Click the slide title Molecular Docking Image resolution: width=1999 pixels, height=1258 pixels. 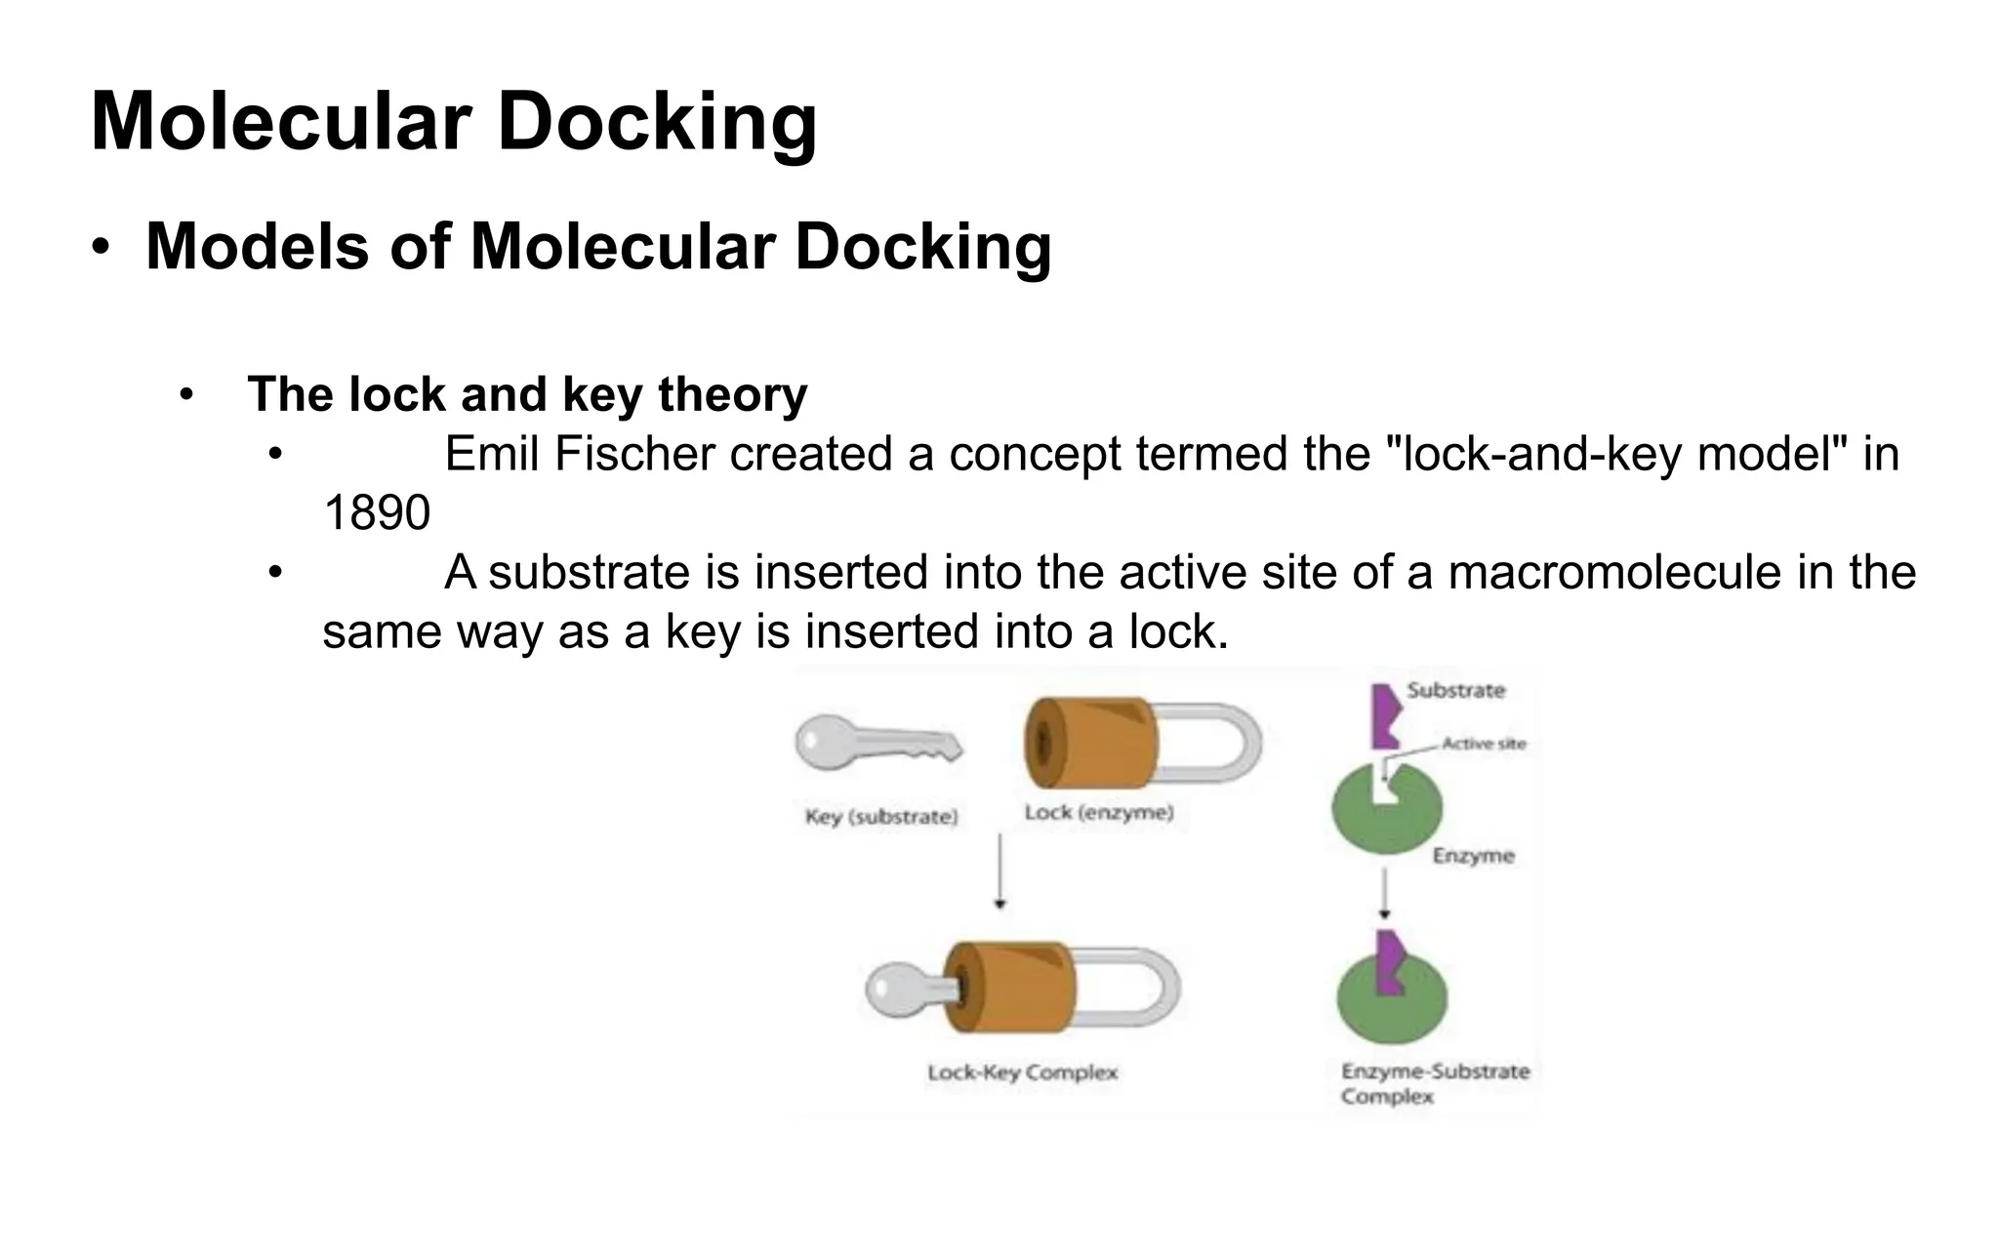[453, 122]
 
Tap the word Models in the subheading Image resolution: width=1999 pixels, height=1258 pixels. [257, 247]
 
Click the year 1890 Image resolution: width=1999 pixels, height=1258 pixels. [376, 513]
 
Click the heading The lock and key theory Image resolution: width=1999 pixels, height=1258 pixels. [527, 395]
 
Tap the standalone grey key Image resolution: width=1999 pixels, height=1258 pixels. [874, 744]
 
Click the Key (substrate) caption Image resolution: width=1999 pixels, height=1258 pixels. [880, 817]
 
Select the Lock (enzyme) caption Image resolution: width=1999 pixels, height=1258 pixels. [1098, 813]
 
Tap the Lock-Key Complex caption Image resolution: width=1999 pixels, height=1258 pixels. [1022, 1073]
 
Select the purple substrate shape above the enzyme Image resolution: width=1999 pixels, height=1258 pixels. [1385, 714]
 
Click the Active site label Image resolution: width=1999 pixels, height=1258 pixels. [1483, 744]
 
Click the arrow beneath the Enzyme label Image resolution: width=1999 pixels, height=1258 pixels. [1384, 893]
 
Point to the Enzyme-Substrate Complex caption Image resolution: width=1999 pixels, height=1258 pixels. [1433, 1083]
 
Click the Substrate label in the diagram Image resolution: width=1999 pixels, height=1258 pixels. [1455, 691]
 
